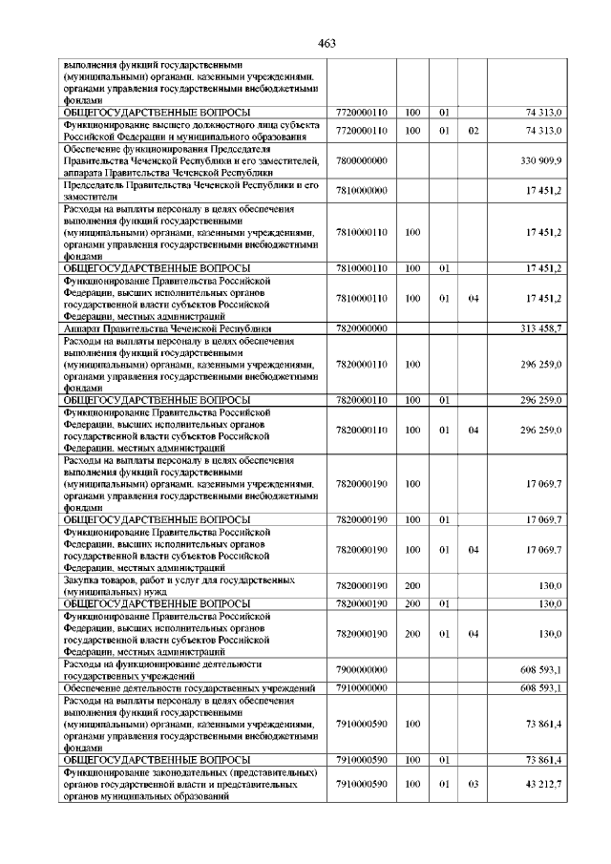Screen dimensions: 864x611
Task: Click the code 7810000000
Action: coord(362,191)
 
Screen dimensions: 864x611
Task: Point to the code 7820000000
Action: coord(362,328)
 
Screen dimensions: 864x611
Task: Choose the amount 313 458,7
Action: coord(541,328)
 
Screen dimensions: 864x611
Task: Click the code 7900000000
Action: coord(362,670)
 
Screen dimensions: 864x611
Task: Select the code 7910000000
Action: coord(362,688)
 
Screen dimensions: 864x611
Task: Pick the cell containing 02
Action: coord(473,129)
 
